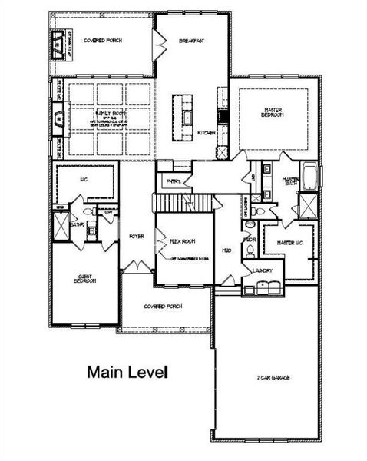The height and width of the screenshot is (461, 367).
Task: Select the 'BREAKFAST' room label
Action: click(191, 40)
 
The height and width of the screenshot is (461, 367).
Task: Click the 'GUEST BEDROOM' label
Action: click(84, 279)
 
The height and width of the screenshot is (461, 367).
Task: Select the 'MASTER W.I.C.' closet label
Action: click(284, 243)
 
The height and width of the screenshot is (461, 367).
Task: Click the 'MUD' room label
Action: click(227, 250)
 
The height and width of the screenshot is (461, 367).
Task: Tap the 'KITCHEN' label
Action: click(206, 133)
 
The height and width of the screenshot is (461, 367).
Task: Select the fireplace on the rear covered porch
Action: click(58, 46)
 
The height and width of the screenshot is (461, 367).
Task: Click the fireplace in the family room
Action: click(58, 118)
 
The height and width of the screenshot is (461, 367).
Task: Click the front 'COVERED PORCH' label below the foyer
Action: click(163, 306)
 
